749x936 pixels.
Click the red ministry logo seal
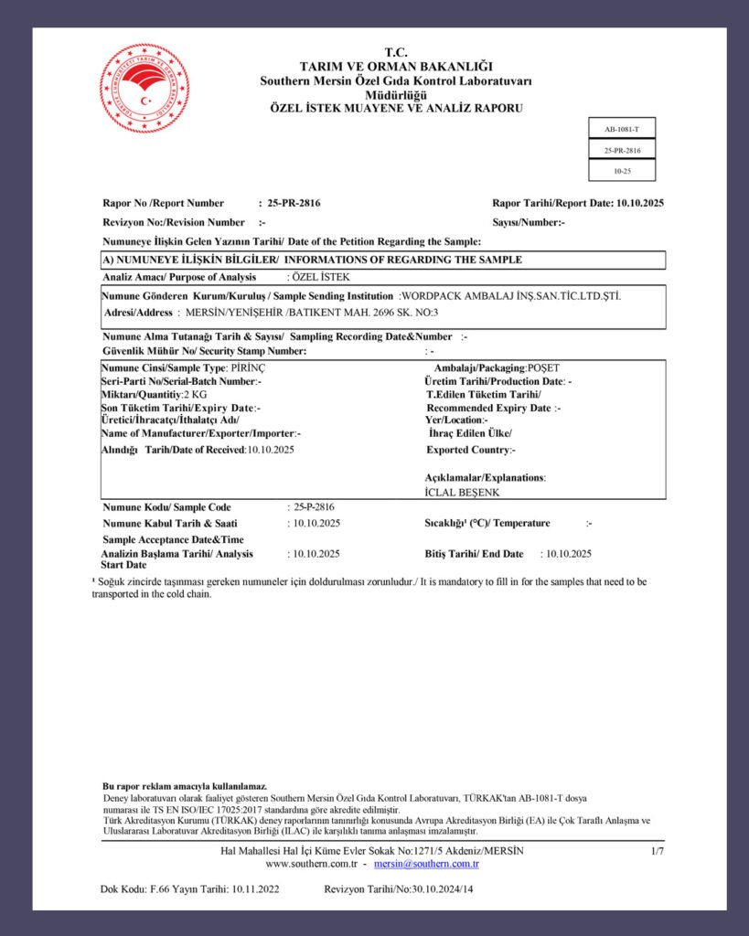[x=144, y=90]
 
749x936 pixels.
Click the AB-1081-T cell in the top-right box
[x=622, y=130]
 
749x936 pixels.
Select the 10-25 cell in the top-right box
[x=622, y=171]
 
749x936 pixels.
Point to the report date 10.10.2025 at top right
[x=639, y=203]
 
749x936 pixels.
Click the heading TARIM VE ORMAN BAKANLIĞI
[x=396, y=67]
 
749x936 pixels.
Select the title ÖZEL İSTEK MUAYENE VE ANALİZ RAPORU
[x=396, y=108]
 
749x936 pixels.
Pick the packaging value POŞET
[x=543, y=367]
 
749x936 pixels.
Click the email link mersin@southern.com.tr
[x=426, y=864]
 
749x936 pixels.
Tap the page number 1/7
[x=657, y=851]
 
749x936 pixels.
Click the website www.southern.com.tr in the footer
[x=310, y=864]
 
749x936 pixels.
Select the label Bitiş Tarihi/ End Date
[x=475, y=554]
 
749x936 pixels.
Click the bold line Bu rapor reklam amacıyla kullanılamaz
[x=185, y=786]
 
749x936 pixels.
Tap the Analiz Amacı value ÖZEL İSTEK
[x=321, y=276]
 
